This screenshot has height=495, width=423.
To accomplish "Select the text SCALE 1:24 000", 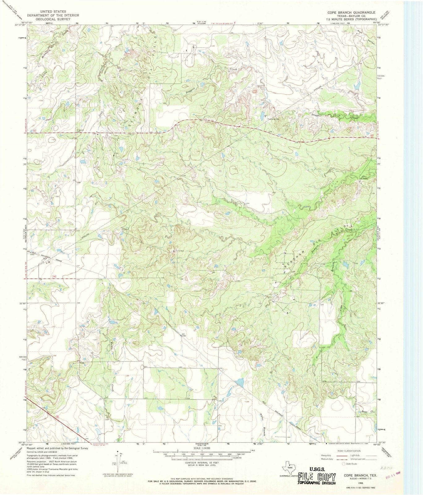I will coord(201,448).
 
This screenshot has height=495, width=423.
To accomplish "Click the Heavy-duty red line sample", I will coord(341,456).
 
